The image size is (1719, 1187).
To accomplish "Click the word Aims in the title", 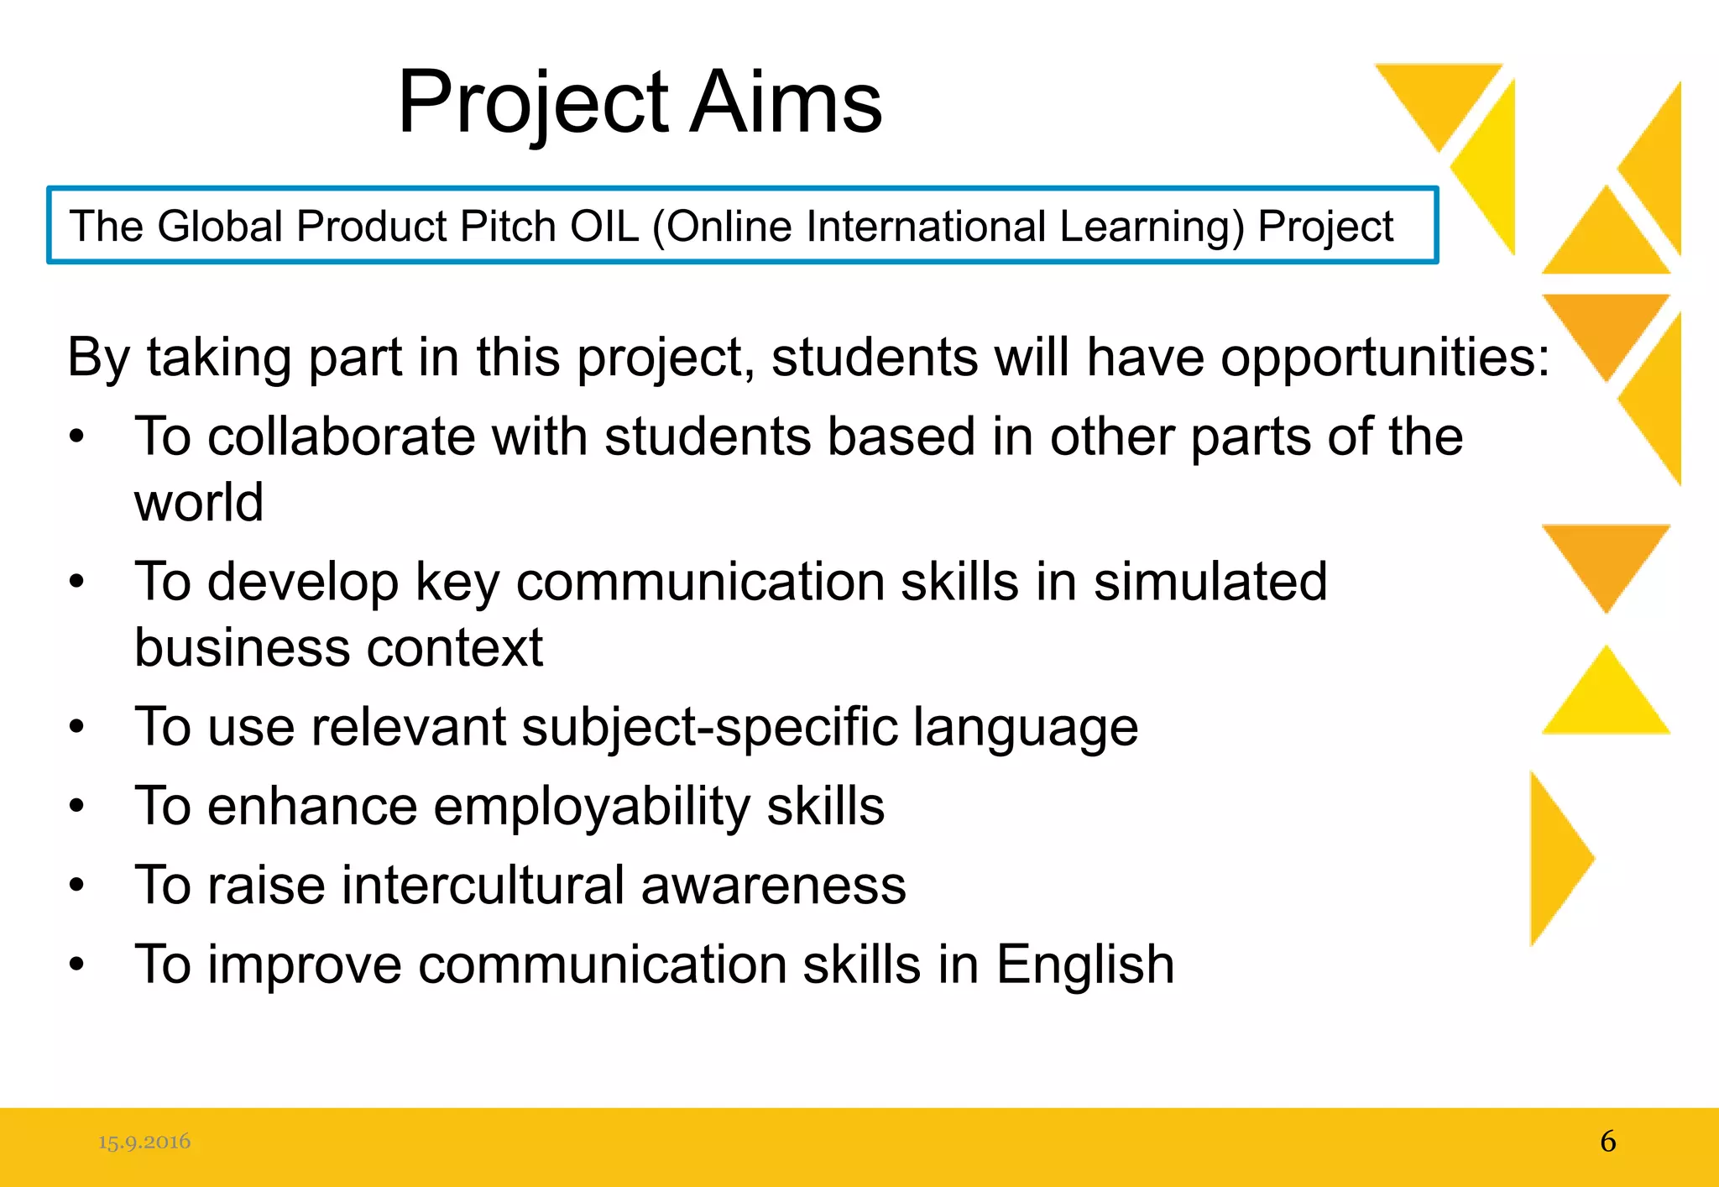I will tap(786, 102).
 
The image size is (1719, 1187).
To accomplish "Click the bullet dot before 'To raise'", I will tap(77, 885).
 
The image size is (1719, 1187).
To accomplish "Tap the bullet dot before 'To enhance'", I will tap(77, 806).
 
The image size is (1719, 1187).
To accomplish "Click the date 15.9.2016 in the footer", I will tap(144, 1142).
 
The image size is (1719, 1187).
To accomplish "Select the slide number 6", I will tap(1607, 1142).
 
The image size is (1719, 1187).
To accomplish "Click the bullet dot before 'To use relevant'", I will tap(77, 727).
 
